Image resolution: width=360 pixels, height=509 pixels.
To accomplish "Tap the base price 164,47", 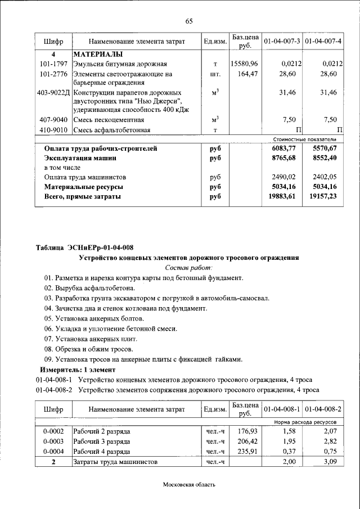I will [x=247, y=74].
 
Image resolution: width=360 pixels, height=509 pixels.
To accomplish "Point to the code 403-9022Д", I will [x=53, y=92].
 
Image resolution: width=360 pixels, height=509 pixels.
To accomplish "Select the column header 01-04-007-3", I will [x=282, y=42].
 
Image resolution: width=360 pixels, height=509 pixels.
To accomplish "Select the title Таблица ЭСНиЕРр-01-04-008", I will [x=85, y=247].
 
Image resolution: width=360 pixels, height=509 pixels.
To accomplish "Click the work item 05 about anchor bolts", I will [x=90, y=318].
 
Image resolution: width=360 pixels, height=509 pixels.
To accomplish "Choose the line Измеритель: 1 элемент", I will [x=77, y=370].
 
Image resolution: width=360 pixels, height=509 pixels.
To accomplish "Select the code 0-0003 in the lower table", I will [x=53, y=441].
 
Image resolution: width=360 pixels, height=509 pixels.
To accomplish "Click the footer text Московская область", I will [x=189, y=484].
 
